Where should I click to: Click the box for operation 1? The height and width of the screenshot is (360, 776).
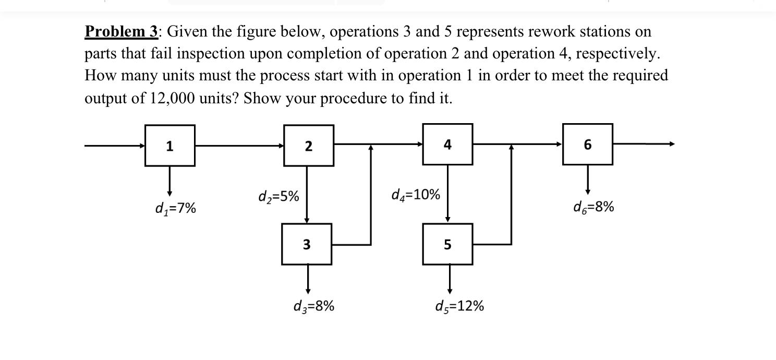click(x=170, y=146)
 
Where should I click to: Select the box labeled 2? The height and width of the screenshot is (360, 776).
click(x=309, y=146)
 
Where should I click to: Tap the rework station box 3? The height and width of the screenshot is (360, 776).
click(x=307, y=244)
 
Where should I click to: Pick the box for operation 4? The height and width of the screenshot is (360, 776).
click(x=447, y=144)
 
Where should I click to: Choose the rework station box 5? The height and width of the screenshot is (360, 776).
click(x=447, y=244)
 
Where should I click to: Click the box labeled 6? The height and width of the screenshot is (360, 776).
click(x=587, y=144)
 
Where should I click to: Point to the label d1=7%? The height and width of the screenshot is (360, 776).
click(x=176, y=209)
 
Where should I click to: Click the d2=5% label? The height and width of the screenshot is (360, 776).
click(x=278, y=197)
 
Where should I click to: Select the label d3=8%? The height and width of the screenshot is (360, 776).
click(x=313, y=306)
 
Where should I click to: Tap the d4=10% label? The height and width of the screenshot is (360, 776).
click(x=415, y=195)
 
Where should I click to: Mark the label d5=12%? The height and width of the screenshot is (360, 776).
click(x=459, y=306)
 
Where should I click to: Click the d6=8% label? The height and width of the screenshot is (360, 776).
click(x=593, y=207)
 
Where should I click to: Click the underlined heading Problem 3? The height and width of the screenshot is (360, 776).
click(x=122, y=32)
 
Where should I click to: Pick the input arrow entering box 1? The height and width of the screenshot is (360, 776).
click(x=115, y=146)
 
